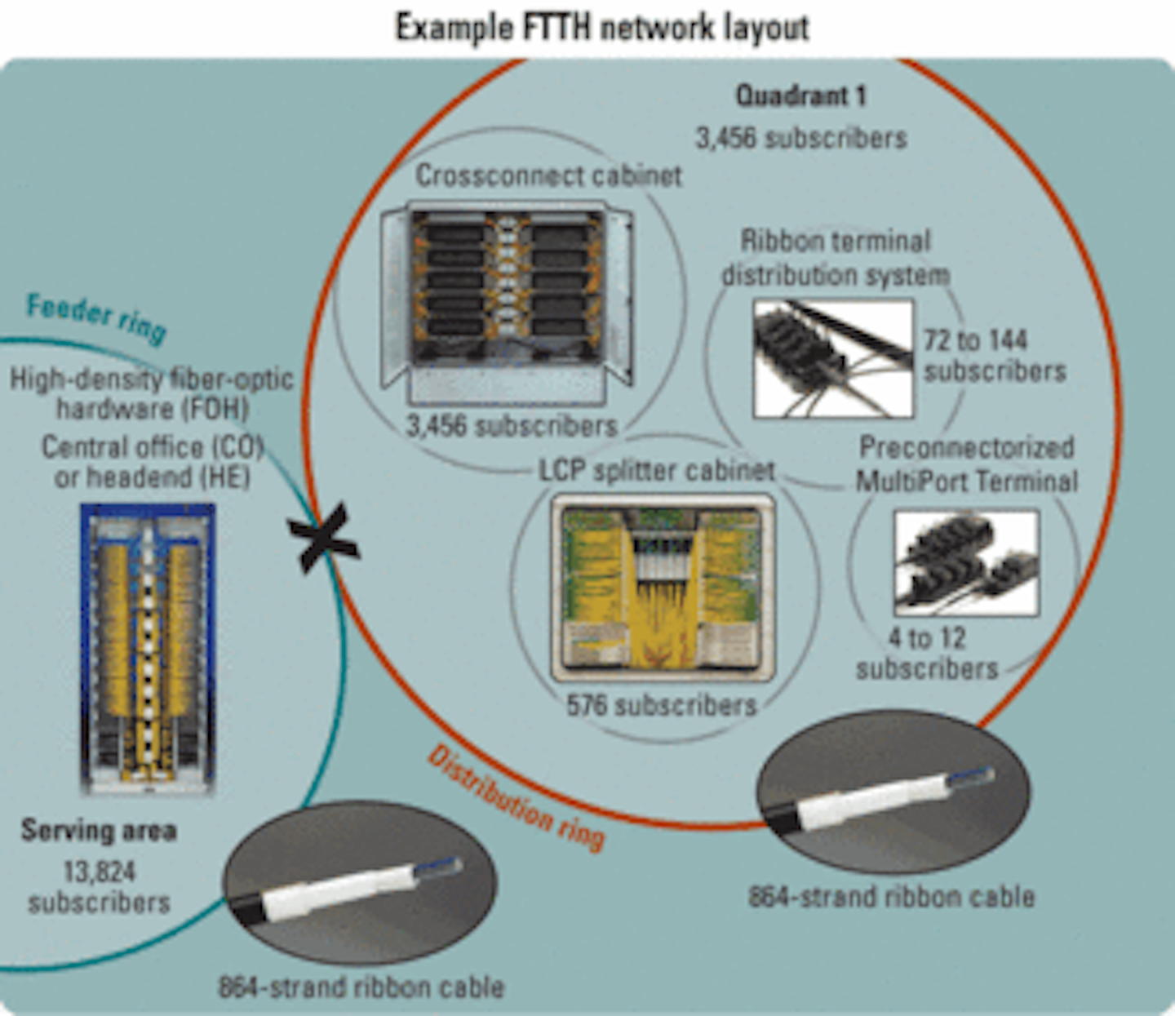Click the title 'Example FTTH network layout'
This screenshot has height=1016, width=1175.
[x=602, y=27]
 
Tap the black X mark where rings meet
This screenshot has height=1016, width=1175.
[x=323, y=539]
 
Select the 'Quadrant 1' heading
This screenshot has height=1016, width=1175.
[x=800, y=96]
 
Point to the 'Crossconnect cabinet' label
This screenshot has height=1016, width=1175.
[x=548, y=175]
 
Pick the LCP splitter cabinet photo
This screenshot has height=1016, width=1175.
[x=663, y=588]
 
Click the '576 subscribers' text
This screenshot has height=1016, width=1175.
[x=662, y=705]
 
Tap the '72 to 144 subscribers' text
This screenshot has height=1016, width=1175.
[x=994, y=356]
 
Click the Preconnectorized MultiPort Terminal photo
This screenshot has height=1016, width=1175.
[x=966, y=563]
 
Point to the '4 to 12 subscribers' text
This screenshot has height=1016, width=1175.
[x=927, y=654]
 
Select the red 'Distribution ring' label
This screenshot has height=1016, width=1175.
[x=516, y=798]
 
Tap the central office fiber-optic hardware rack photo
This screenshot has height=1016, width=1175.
[x=148, y=649]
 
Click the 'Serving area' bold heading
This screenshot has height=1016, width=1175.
[x=99, y=831]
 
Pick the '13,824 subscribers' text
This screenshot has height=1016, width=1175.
[x=99, y=887]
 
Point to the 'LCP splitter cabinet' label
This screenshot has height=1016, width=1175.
[x=656, y=471]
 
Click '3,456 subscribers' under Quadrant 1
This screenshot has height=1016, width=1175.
[x=800, y=138]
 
